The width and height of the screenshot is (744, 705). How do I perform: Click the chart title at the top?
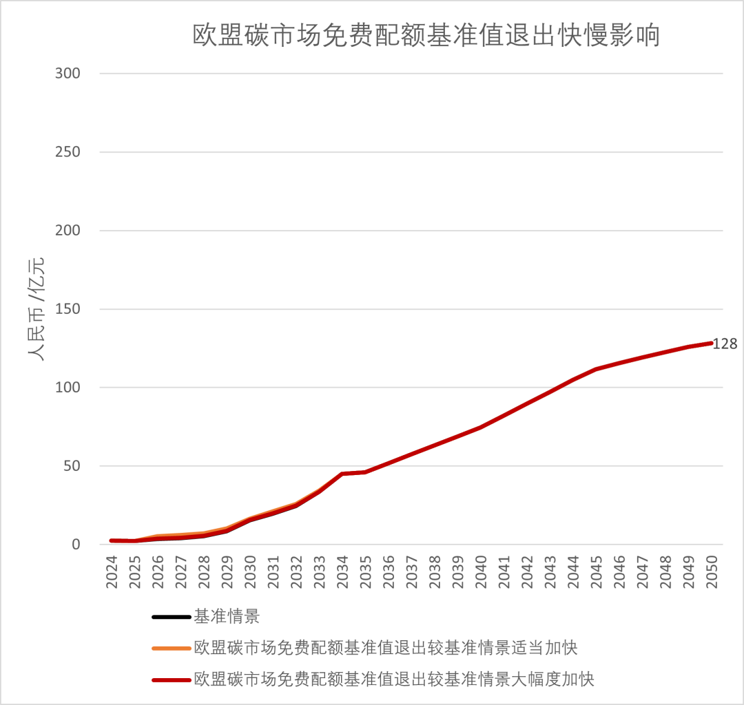tap(426, 35)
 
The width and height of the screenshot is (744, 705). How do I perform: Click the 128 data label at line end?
tap(724, 344)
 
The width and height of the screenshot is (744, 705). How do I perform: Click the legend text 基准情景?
tap(227, 616)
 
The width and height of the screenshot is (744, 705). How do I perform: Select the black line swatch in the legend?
tap(171, 616)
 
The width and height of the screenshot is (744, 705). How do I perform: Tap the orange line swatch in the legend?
tap(171, 648)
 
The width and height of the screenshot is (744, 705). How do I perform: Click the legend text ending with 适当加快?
tap(386, 648)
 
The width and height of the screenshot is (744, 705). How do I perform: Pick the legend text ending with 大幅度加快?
tap(394, 680)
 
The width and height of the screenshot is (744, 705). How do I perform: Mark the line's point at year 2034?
tap(342, 474)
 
